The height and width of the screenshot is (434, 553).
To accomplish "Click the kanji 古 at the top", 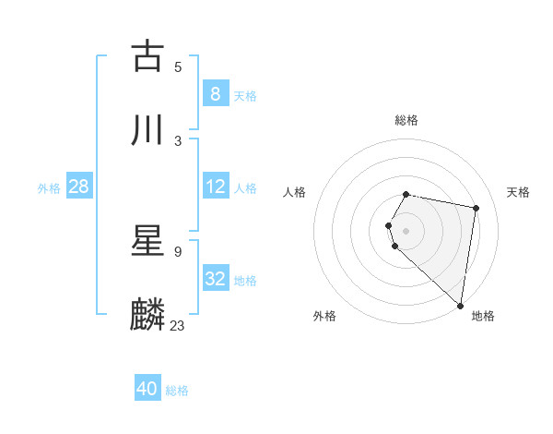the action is pyautogui.click(x=148, y=55).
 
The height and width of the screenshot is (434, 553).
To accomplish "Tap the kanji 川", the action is pyautogui.click(x=148, y=130).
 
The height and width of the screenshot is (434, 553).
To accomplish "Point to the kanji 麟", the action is pyautogui.click(x=148, y=314).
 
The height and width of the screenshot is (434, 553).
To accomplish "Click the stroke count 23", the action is pyautogui.click(x=178, y=325).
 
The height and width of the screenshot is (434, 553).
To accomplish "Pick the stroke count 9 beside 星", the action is pyautogui.click(x=178, y=251).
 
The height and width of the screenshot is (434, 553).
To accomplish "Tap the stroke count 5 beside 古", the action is pyautogui.click(x=178, y=66).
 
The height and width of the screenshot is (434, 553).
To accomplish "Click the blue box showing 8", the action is pyautogui.click(x=215, y=93).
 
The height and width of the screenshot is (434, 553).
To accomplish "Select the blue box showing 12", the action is pyautogui.click(x=215, y=187).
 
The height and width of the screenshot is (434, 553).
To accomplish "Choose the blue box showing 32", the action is pyautogui.click(x=215, y=279).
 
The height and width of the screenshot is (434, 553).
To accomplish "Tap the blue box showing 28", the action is pyautogui.click(x=78, y=187).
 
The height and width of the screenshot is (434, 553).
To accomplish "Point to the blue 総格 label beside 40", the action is pyautogui.click(x=177, y=391).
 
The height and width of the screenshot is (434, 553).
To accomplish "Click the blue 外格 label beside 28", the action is pyautogui.click(x=49, y=188).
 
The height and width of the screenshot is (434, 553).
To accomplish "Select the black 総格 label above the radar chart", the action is pyautogui.click(x=406, y=120).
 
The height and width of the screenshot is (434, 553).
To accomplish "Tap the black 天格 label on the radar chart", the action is pyautogui.click(x=519, y=192).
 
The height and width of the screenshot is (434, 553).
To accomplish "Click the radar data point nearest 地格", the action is pyautogui.click(x=461, y=305).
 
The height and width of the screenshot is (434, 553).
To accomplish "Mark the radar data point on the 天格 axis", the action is pyautogui.click(x=476, y=208).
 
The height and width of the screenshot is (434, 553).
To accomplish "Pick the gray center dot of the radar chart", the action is pyautogui.click(x=406, y=230).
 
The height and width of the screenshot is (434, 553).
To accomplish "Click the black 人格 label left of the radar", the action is pyautogui.click(x=295, y=192).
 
